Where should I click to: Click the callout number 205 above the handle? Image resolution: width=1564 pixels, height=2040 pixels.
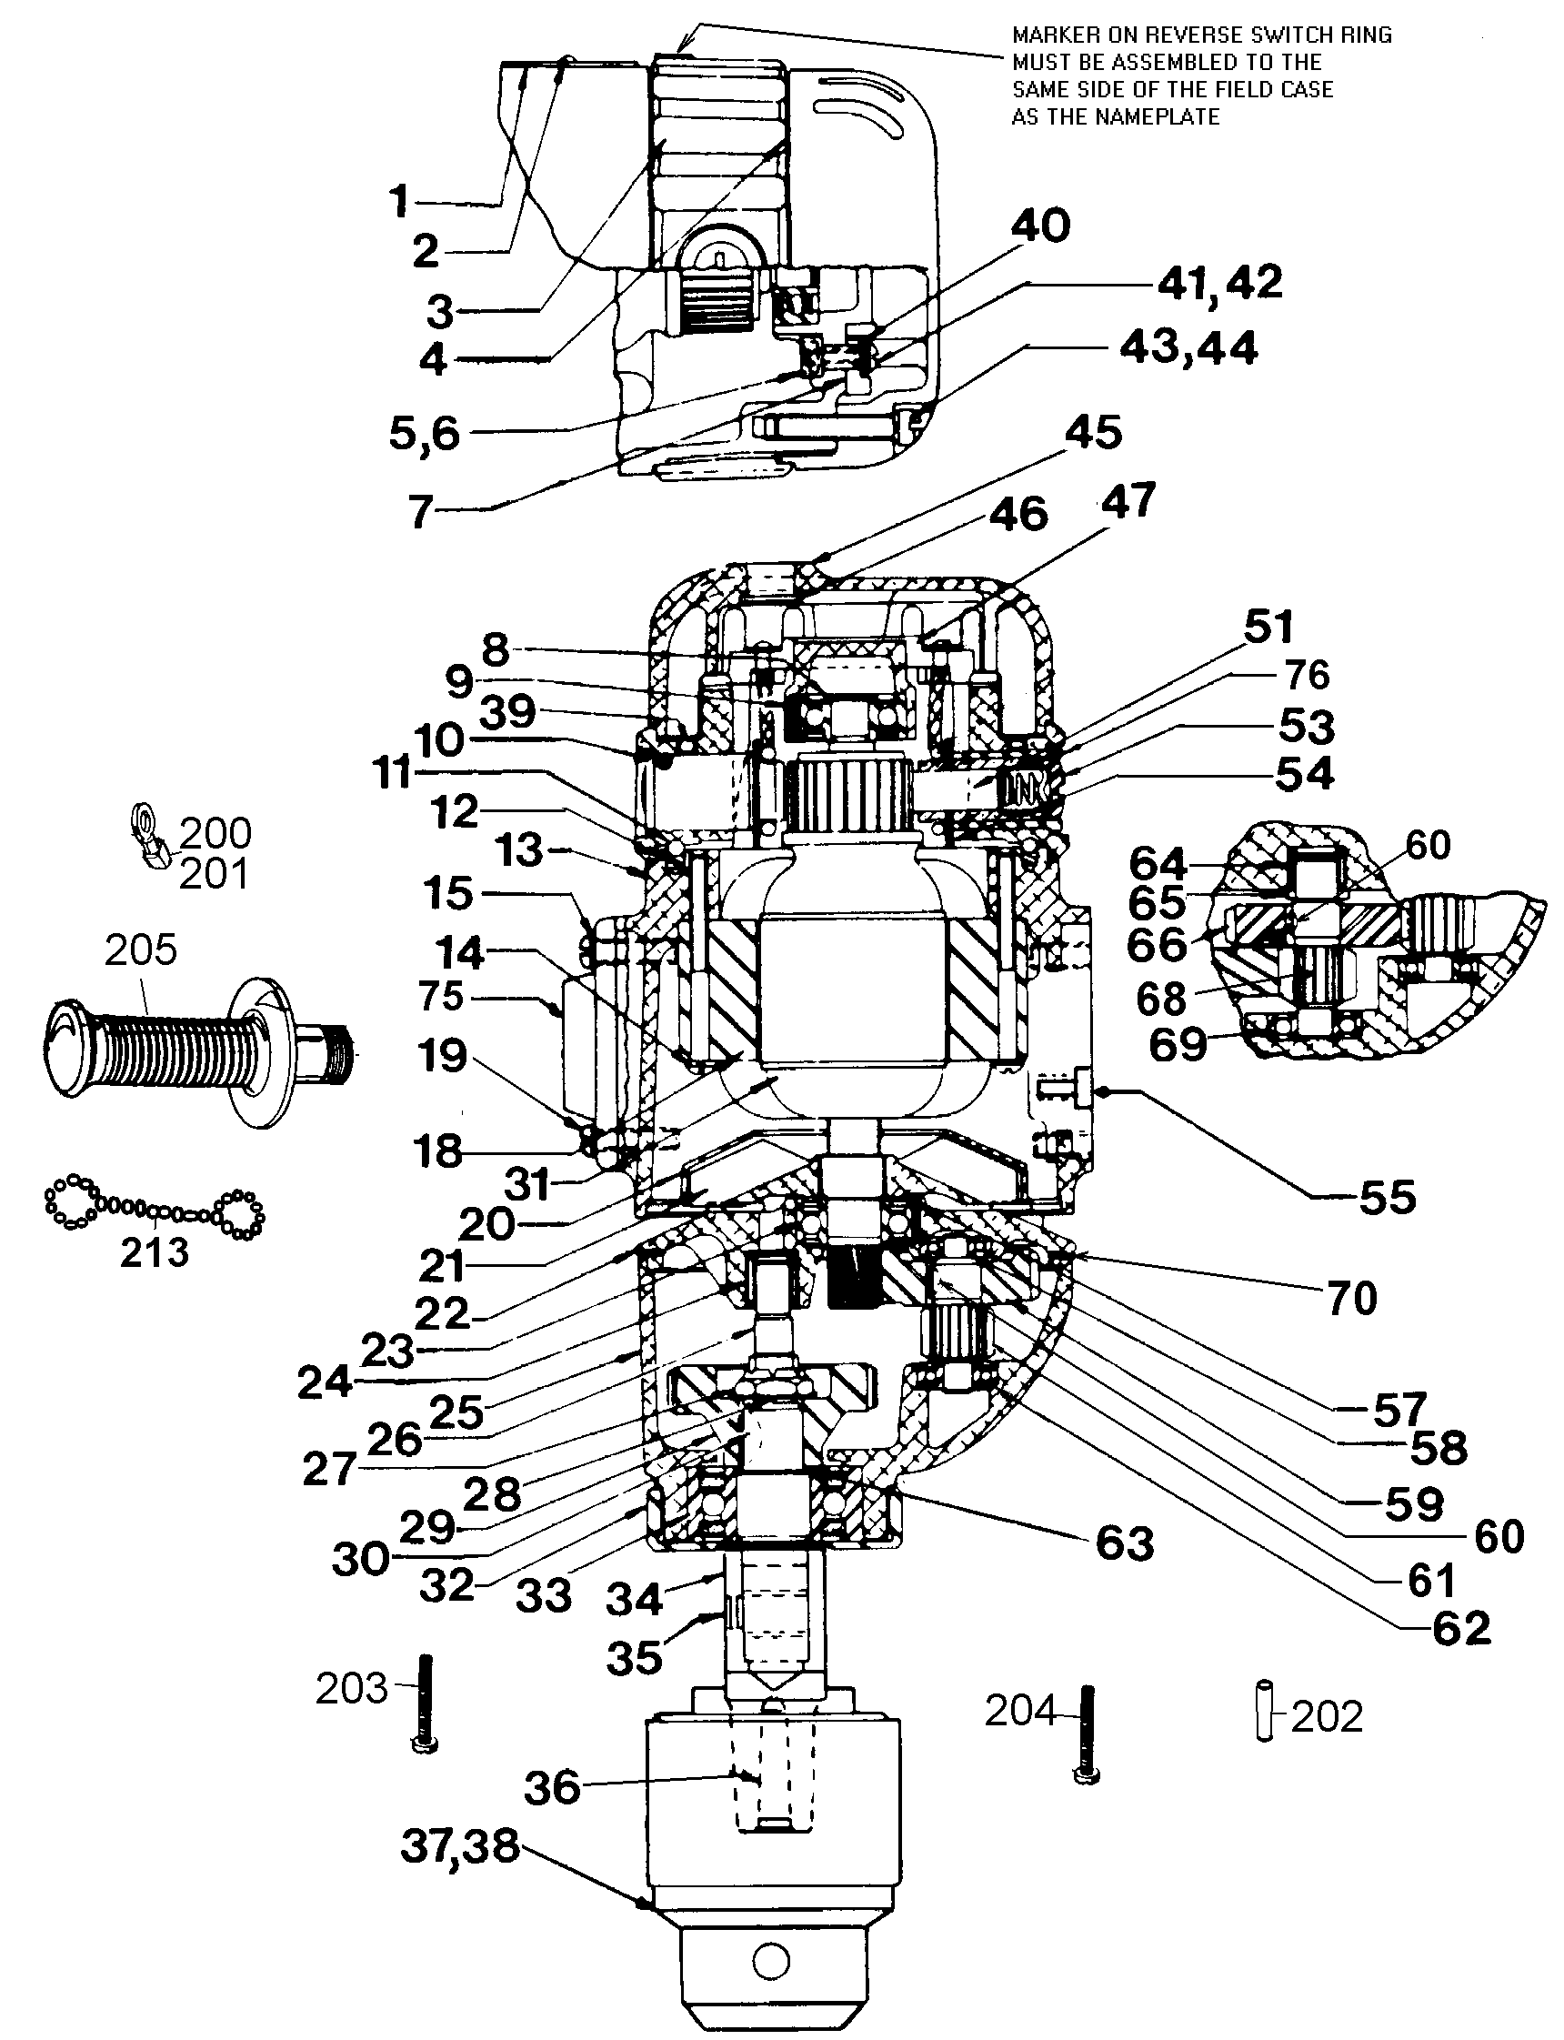141,950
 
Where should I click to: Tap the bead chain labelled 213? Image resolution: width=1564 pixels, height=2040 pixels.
155,1210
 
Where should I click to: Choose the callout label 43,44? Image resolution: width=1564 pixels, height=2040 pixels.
1188,348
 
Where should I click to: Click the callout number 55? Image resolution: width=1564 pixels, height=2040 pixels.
1388,1198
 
